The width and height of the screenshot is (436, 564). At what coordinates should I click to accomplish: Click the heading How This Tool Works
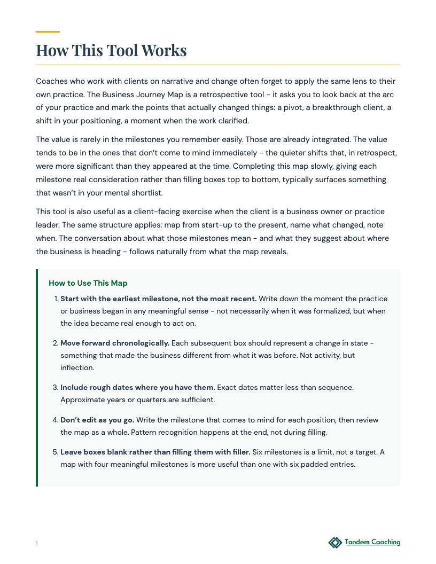111,50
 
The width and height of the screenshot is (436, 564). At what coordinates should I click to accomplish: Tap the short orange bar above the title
48,32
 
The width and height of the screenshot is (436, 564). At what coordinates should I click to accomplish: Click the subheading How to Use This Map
88,283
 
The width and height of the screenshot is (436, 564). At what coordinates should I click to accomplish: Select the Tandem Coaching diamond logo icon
335,543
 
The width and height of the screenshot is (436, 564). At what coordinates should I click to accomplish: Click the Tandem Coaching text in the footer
372,542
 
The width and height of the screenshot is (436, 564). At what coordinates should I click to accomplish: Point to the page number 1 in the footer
37,543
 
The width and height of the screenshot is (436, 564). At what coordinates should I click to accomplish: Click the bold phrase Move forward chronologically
115,343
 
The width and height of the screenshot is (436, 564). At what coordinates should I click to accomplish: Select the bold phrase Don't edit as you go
97,420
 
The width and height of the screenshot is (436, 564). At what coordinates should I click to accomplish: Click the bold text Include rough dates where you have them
138,387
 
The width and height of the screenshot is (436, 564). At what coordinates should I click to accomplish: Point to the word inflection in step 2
78,367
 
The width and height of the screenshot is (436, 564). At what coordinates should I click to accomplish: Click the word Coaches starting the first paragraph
52,81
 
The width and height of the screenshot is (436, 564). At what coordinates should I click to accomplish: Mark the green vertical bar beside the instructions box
37,378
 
